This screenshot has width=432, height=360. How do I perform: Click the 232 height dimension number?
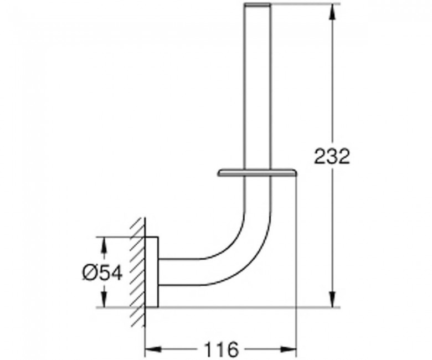point(332,156)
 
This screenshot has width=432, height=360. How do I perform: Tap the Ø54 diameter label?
point(102,273)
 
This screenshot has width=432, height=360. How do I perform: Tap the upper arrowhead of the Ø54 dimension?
point(104,244)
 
